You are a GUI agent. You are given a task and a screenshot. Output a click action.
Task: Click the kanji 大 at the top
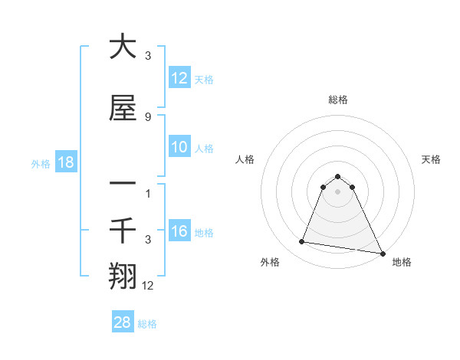pyautogui.click(x=123, y=47)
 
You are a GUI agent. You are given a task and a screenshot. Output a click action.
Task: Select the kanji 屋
pyautogui.click(x=123, y=111)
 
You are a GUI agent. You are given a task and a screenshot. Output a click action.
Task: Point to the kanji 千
pyautogui.click(x=123, y=229)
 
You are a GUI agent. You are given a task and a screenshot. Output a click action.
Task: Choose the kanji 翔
pyautogui.click(x=123, y=275)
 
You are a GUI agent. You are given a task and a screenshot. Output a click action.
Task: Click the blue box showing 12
pyautogui.click(x=179, y=79)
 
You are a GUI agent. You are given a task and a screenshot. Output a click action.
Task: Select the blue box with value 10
pyautogui.click(x=179, y=148)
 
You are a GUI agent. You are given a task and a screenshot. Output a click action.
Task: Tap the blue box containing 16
pyautogui.click(x=179, y=232)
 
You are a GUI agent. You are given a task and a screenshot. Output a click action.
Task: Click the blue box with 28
pyautogui.click(x=123, y=323)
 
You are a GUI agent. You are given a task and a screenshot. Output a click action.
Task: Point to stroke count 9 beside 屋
pyautogui.click(x=147, y=116)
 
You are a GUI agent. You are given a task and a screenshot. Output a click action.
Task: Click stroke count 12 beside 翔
pyautogui.click(x=149, y=285)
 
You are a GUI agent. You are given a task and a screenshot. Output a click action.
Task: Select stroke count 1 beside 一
pyautogui.click(x=148, y=193)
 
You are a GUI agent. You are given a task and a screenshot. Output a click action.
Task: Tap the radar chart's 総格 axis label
pyautogui.click(x=338, y=100)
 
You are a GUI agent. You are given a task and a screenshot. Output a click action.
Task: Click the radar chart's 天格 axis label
pyautogui.click(x=431, y=159)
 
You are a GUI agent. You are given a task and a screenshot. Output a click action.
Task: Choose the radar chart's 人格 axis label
pyautogui.click(x=245, y=159)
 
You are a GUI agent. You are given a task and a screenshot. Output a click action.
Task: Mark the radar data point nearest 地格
pyautogui.click(x=382, y=254)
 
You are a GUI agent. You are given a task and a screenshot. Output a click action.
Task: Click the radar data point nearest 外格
pyautogui.click(x=301, y=242)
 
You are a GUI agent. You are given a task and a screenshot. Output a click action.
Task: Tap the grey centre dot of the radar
pyautogui.click(x=338, y=191)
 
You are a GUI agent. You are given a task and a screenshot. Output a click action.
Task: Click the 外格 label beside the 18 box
pyautogui.click(x=41, y=163)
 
